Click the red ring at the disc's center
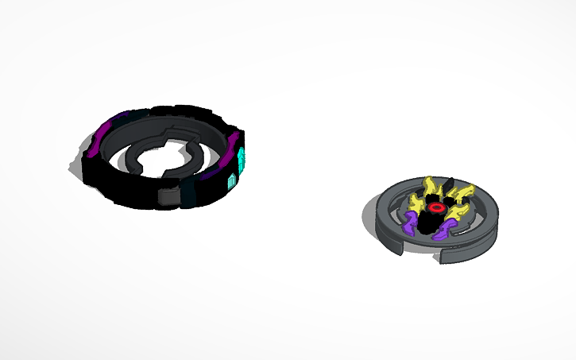(435, 207)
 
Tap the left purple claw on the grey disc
(411, 223)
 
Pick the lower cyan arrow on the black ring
(233, 180)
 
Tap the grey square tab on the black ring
(168, 196)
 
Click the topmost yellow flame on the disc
(431, 185)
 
